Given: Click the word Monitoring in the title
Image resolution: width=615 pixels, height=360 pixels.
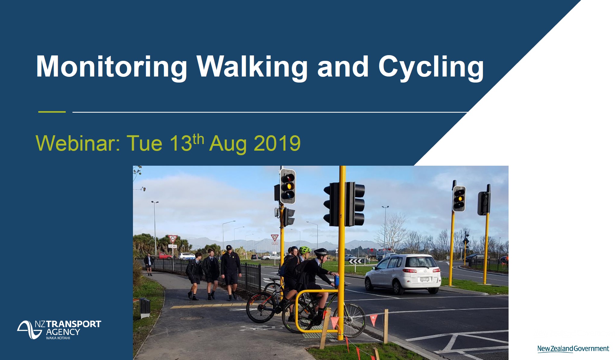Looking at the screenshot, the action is point(112,67).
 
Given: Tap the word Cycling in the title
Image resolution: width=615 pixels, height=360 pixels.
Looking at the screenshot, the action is point(431,67).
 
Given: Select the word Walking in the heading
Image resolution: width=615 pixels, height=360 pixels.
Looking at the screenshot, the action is point(252,67).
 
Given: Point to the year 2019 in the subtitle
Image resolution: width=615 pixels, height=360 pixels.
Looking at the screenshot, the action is point(277,143).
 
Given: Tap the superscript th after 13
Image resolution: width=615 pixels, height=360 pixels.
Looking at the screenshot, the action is point(198,139).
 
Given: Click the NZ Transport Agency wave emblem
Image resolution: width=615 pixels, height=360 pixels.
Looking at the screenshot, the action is point(29,330).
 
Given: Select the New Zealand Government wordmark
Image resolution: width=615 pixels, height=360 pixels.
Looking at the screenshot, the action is point(573,349).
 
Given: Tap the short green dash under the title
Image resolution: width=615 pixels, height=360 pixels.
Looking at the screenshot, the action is point(52,112).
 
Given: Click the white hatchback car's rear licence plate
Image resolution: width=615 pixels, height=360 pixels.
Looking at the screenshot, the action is point(424,279).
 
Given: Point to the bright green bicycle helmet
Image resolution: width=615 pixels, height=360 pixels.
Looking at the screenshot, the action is point(305,250).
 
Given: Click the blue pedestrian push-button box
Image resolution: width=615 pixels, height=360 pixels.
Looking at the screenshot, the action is point(337,280).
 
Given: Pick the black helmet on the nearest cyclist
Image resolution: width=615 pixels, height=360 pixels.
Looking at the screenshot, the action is point(321,252).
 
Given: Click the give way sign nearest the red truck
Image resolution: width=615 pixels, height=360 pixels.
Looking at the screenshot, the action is point(172,239).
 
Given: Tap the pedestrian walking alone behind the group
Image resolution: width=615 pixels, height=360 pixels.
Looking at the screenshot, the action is point(149,264).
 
